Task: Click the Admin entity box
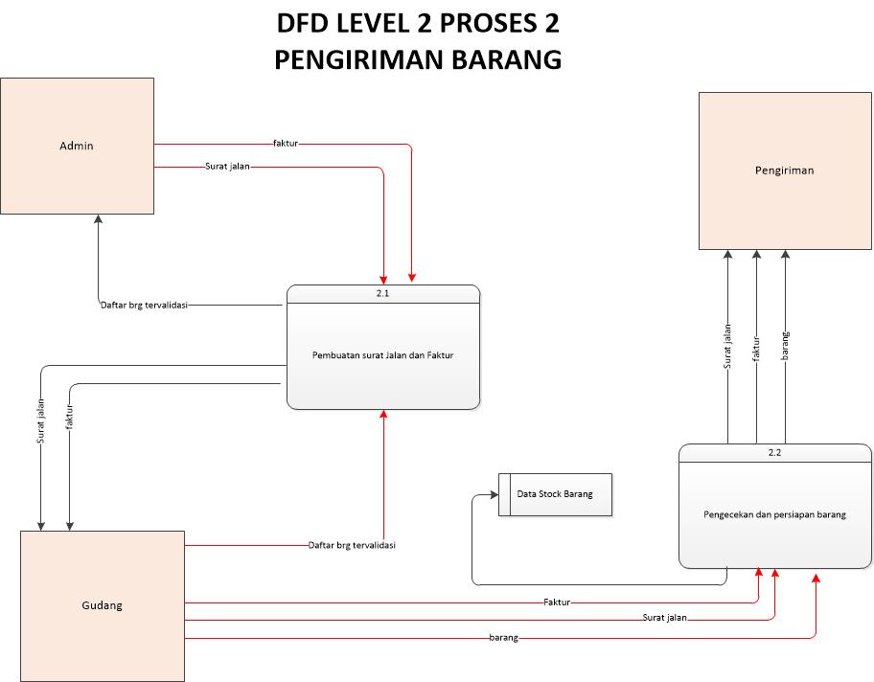tap(77, 146)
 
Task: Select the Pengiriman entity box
tap(784, 170)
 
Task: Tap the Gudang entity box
tap(102, 604)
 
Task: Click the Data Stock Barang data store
tap(555, 494)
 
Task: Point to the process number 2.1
tap(382, 293)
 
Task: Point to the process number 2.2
tap(774, 452)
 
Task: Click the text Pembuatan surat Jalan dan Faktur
tap(382, 355)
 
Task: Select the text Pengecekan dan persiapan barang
tap(774, 514)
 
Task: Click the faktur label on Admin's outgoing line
tap(286, 144)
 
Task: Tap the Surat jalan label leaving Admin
tap(228, 167)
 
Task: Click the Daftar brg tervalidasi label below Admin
tap(144, 306)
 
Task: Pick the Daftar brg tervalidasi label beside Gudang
tap(352, 545)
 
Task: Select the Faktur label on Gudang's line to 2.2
tap(557, 602)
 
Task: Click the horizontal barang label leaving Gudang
tap(504, 637)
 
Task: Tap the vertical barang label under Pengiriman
tap(786, 344)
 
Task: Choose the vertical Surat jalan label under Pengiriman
tap(728, 348)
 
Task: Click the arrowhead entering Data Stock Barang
tap(494, 495)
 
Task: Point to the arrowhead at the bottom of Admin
tap(98, 219)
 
